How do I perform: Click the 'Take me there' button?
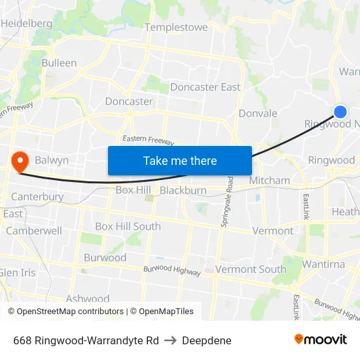[x=180, y=160]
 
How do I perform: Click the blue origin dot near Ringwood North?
[x=340, y=112]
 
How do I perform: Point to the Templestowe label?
[x=176, y=27]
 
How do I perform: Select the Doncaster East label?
[x=205, y=87]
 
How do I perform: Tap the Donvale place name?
[x=258, y=113]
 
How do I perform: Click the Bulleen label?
[x=59, y=63]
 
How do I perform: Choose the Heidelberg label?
[x=26, y=23]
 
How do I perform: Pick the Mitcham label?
[x=269, y=180]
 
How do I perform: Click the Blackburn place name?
[x=183, y=190]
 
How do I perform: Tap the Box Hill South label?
[x=128, y=226]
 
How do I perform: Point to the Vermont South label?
[x=251, y=269]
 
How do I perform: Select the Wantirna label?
[x=323, y=264]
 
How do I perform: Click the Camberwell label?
[x=34, y=230]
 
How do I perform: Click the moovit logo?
[x=320, y=340]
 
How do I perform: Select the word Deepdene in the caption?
[x=207, y=340]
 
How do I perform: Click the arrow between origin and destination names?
[x=170, y=340]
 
